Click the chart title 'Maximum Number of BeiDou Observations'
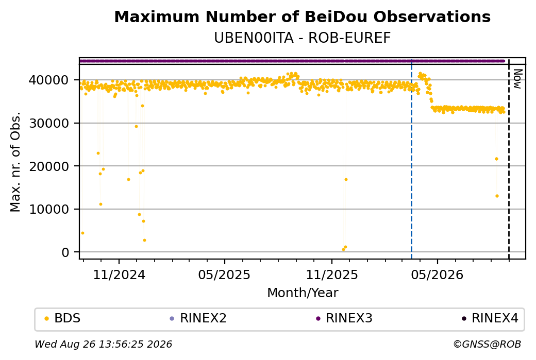click(x=302, y=16)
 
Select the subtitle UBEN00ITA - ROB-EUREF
click(x=302, y=38)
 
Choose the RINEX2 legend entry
click(x=198, y=318)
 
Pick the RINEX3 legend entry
click(x=344, y=318)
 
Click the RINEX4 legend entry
click(x=490, y=318)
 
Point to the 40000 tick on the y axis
click(x=49, y=80)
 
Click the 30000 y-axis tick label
click(x=49, y=123)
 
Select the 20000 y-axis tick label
click(x=49, y=166)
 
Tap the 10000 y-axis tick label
click(x=49, y=210)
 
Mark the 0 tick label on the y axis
click(x=65, y=252)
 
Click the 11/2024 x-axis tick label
click(x=119, y=275)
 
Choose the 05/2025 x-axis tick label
click(x=224, y=275)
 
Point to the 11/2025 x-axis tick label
click(x=331, y=275)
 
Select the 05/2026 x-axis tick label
click(x=437, y=275)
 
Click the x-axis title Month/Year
click(x=303, y=293)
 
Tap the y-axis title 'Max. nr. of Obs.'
click(x=15, y=162)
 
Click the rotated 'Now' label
click(x=517, y=79)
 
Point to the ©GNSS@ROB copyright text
click(x=487, y=344)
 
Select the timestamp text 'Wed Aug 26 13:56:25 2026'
click(x=103, y=344)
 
